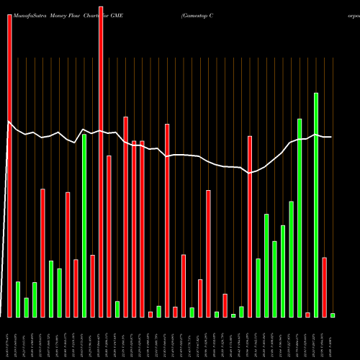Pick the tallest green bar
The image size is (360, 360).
[315, 205]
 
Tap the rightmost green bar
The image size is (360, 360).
[332, 315]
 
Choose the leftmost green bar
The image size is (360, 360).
[18, 300]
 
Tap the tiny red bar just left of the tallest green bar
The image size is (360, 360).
[307, 315]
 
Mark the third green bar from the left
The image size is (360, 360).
[35, 300]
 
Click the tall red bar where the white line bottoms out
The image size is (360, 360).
[250, 227]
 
